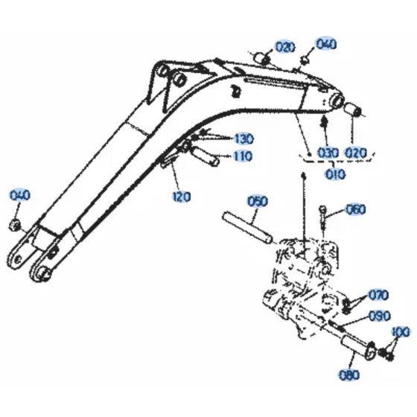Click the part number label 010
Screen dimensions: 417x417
tap(334, 175)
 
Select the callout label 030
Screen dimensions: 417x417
tap(328, 153)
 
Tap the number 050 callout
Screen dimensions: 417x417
tap(257, 201)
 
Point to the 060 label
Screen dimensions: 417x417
tap(356, 209)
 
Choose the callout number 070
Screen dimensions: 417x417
tap(378, 294)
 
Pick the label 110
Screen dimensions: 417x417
tap(242, 156)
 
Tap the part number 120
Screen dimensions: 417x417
tap(181, 197)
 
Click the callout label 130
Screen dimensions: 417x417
tap(243, 139)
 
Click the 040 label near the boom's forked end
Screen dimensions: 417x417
tap(20, 196)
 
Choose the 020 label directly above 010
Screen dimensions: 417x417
tap(356, 153)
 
